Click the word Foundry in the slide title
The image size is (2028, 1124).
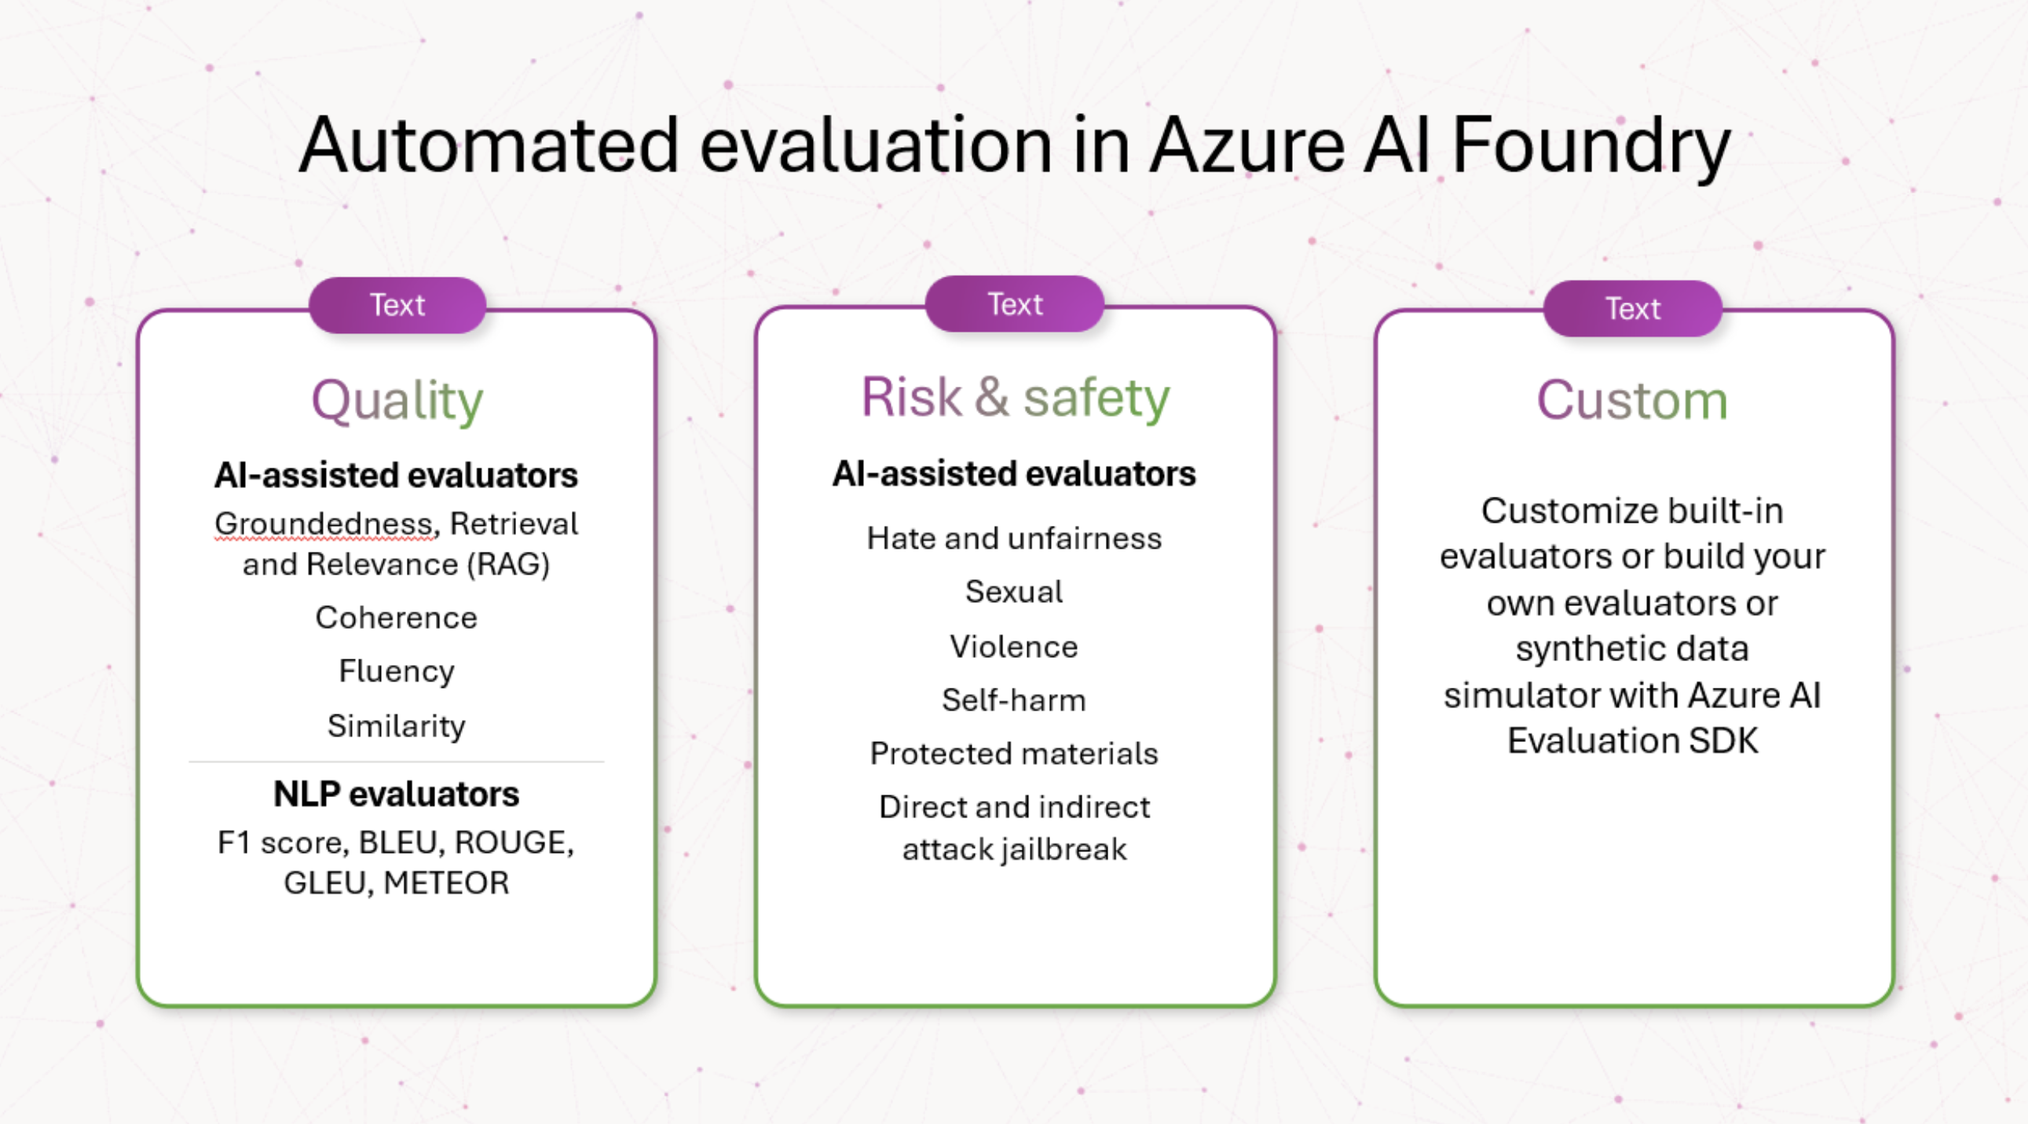pyautogui.click(x=1591, y=145)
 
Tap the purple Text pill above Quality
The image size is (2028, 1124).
pyautogui.click(x=397, y=305)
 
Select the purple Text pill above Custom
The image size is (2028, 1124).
pyautogui.click(x=1632, y=308)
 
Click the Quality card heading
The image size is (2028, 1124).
pyautogui.click(x=397, y=400)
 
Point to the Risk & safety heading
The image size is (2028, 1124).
pyautogui.click(x=1015, y=397)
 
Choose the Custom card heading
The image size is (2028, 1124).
pyautogui.click(x=1632, y=400)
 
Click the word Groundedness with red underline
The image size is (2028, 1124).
pyautogui.click(x=324, y=523)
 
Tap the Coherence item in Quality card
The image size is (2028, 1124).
pyautogui.click(x=396, y=618)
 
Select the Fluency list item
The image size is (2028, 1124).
pyautogui.click(x=396, y=671)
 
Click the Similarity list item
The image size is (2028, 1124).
pyautogui.click(x=396, y=725)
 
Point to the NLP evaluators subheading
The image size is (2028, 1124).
pyautogui.click(x=396, y=794)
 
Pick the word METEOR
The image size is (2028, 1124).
pyautogui.click(x=445, y=883)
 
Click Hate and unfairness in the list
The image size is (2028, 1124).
pyautogui.click(x=1014, y=538)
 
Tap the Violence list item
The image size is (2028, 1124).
pyautogui.click(x=1014, y=647)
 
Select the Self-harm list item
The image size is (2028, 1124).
pyautogui.click(x=1014, y=700)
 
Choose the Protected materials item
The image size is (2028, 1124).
pyautogui.click(x=1014, y=754)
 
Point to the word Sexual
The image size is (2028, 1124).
pyautogui.click(x=1014, y=592)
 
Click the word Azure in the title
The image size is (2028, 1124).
pyautogui.click(x=1247, y=145)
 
